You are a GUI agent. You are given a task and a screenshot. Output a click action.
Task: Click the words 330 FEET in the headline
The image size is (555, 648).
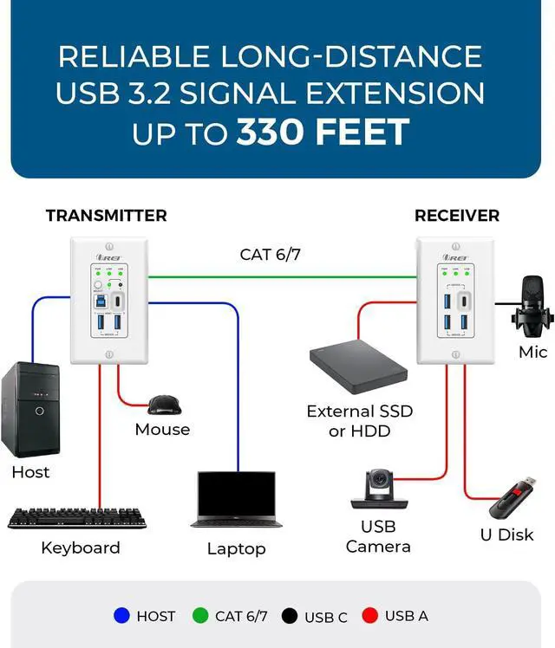coord(323,133)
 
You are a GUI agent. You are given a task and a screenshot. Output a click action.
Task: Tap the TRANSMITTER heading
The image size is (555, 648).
coord(106,216)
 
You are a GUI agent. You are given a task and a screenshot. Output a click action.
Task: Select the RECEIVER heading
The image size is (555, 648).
coord(457,216)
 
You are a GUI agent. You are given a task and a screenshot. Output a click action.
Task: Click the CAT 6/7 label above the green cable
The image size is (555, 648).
coord(270,255)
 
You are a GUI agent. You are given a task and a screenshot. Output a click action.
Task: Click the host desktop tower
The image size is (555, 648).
coord(31,410)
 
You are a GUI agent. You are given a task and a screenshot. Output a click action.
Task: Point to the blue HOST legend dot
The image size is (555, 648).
coord(122,616)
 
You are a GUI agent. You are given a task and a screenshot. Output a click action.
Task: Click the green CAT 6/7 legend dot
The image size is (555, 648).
coord(201,616)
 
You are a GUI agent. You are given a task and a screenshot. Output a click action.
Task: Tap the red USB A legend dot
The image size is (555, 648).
coord(370,616)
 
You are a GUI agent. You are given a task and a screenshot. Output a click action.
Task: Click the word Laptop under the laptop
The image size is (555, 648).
coord(236,548)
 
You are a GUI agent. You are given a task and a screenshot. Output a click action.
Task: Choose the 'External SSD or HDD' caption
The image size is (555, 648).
coord(359,421)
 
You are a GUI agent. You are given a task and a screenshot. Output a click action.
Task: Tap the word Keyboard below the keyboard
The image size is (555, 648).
coord(80,548)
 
